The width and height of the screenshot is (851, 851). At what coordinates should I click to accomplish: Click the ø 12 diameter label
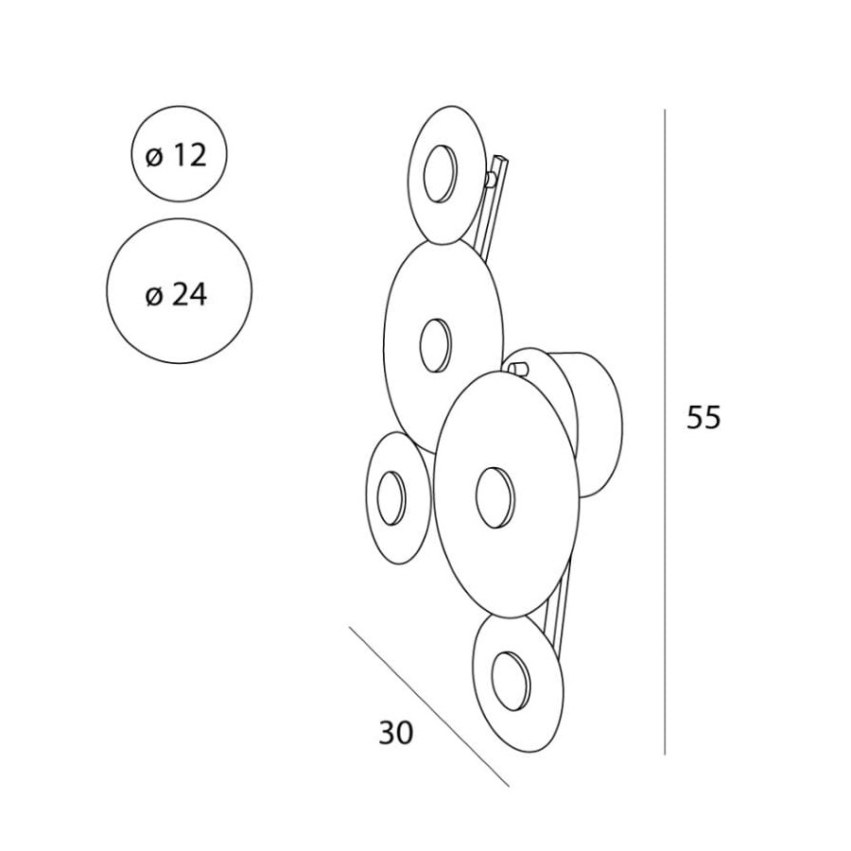[x=177, y=156]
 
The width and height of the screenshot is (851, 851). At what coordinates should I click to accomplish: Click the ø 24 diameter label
[x=177, y=296]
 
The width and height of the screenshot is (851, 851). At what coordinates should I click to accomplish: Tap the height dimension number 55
[x=703, y=418]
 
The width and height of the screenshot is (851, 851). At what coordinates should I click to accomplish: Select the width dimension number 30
[x=395, y=733]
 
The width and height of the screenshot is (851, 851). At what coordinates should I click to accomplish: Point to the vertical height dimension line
[x=665, y=432]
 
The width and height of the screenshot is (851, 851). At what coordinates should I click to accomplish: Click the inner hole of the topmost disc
[x=440, y=174]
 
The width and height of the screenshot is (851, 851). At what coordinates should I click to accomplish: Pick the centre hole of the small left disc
[x=391, y=498]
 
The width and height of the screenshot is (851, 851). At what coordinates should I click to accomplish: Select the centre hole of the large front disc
[x=494, y=497]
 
